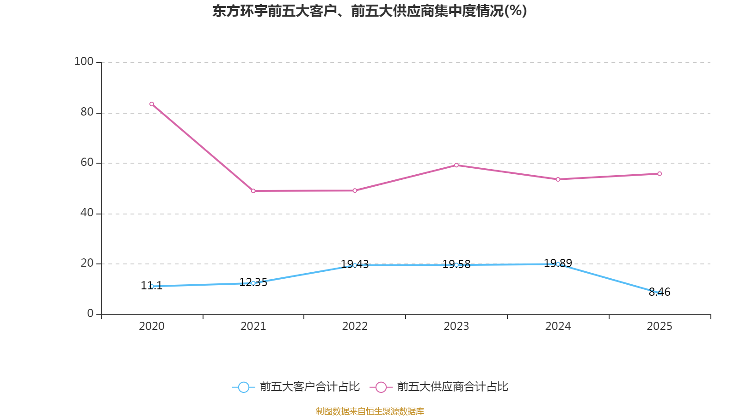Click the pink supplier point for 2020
point(152,104)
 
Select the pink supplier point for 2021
point(253,191)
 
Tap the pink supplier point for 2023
point(456,165)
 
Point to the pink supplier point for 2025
point(660,174)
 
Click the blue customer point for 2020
point(152,286)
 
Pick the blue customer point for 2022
point(355,265)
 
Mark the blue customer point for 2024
point(558,264)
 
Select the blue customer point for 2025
point(660,293)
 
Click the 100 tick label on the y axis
point(84,62)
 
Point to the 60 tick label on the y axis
point(87,163)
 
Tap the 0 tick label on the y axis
point(90,314)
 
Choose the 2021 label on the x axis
point(253,326)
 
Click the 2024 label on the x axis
point(558,326)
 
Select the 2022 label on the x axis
point(355,326)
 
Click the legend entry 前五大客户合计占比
point(309,387)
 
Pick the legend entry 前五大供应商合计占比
point(452,387)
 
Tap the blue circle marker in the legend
point(243,387)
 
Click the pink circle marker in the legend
point(381,387)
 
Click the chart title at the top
point(370,11)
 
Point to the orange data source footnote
point(370,411)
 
